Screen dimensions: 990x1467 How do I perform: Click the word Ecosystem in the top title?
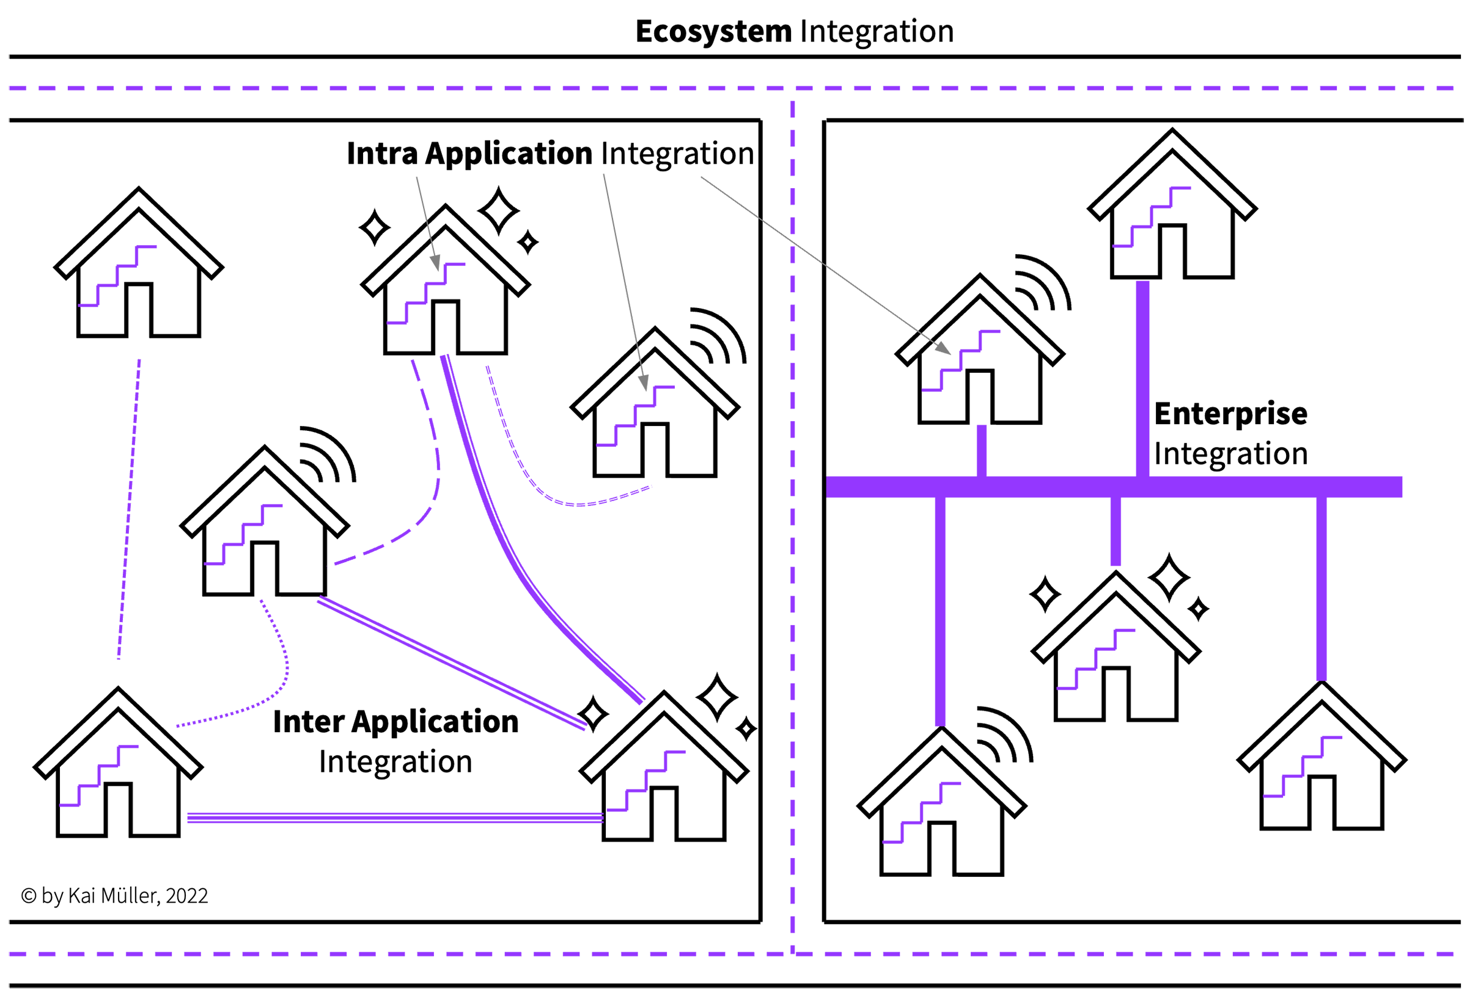click(x=713, y=32)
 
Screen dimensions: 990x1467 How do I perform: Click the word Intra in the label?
click(x=381, y=153)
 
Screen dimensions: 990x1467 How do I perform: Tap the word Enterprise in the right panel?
click(x=1230, y=414)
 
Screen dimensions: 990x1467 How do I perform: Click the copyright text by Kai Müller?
click(x=114, y=896)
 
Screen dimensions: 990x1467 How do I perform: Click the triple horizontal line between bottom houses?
click(x=394, y=818)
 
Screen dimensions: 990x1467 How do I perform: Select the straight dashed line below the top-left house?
click(x=130, y=505)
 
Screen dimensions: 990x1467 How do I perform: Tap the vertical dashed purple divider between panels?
click(x=793, y=568)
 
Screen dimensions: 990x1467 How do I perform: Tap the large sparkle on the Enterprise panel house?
click(x=1169, y=577)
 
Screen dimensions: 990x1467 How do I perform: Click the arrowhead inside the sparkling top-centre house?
click(x=435, y=263)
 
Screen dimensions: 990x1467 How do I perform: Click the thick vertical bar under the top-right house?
click(x=1142, y=379)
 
